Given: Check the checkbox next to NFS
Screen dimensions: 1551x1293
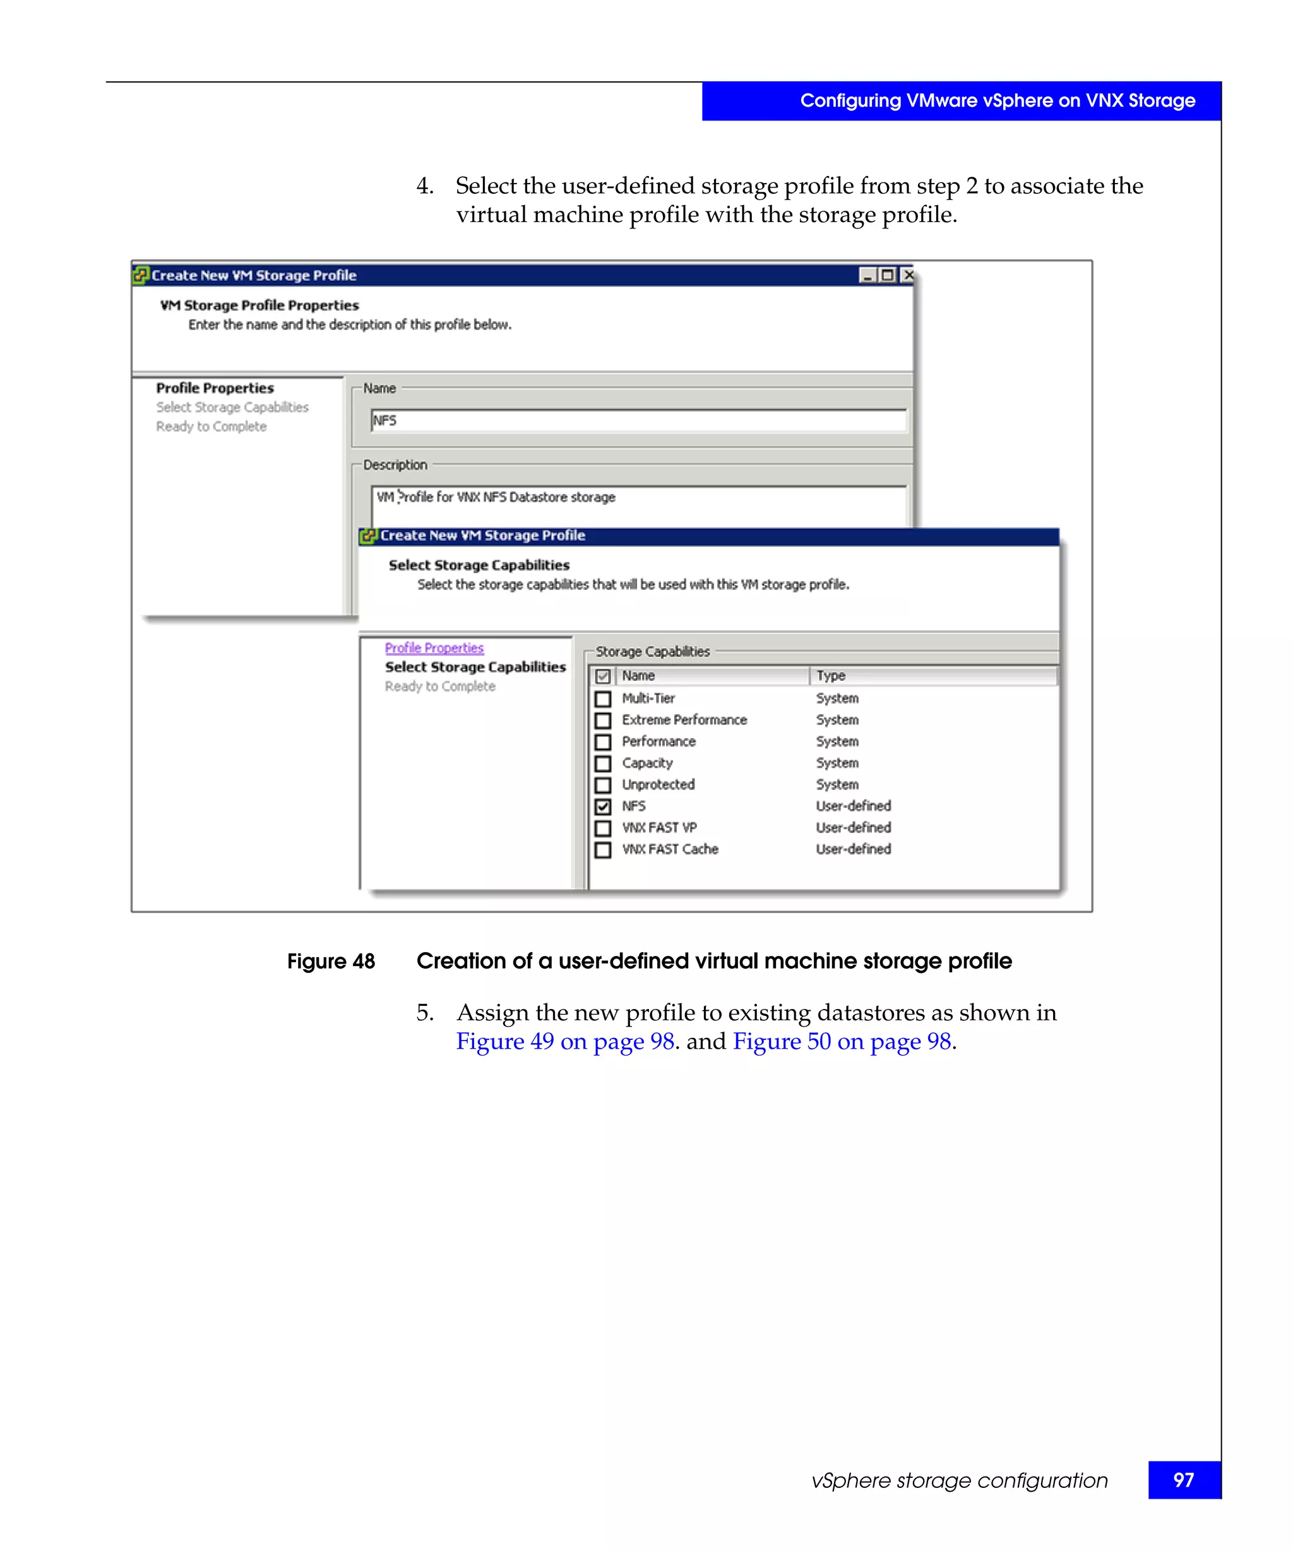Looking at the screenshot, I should (603, 806).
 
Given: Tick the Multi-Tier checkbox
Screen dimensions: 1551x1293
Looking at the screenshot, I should (603, 699).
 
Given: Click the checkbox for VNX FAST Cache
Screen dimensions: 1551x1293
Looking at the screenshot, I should (603, 850).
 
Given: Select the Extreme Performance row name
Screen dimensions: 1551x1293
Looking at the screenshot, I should (684, 719).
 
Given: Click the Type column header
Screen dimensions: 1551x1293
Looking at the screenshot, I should (830, 676).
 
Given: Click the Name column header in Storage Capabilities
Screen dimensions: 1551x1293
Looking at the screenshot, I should (638, 676).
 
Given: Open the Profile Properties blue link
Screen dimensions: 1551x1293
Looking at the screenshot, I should (434, 648).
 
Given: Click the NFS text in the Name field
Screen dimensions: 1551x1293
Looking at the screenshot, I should (385, 420).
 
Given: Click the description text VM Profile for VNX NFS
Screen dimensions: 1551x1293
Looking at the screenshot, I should (495, 497).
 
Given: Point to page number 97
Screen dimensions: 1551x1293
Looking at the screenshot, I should (1183, 1480).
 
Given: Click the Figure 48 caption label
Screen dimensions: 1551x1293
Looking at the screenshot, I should (331, 962).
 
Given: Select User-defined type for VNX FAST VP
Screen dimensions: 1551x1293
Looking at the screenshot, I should (853, 828).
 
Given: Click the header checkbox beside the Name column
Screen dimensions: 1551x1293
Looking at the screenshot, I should (603, 676).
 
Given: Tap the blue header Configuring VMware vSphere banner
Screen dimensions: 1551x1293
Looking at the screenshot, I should (997, 100).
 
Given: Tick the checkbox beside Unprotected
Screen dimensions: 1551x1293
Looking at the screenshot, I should (603, 785).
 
